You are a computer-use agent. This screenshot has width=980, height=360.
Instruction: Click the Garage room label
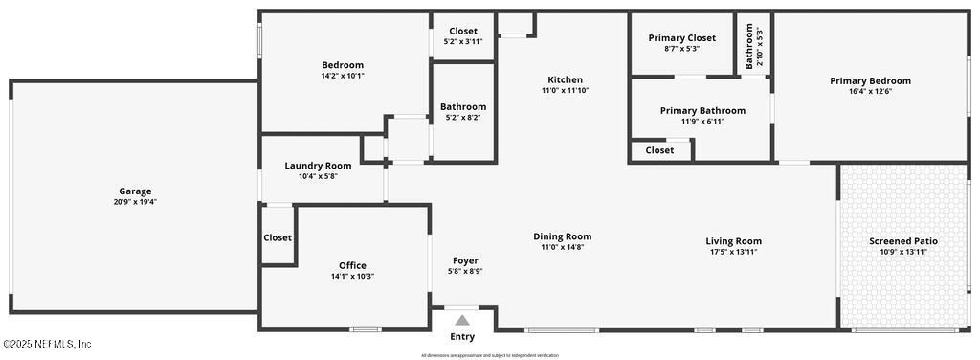135,191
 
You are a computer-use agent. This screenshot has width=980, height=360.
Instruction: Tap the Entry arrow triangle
462,321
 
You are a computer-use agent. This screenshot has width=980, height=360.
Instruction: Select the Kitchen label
565,79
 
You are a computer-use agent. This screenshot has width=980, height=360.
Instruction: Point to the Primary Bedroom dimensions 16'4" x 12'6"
870,92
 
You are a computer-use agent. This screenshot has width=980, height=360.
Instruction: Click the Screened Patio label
903,240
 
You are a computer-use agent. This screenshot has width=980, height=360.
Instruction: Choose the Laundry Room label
318,166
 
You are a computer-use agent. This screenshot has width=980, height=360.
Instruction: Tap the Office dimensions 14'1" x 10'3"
352,277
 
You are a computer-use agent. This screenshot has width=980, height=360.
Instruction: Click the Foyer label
465,260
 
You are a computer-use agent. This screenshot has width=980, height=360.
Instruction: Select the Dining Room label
563,236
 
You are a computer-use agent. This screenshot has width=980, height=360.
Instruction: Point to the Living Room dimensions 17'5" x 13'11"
734,252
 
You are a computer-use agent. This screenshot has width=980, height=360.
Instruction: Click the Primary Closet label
681,38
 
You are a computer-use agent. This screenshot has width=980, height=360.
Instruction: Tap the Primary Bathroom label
702,111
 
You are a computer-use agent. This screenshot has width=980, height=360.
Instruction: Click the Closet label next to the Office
278,237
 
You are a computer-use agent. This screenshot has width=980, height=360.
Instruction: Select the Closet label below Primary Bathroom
659,150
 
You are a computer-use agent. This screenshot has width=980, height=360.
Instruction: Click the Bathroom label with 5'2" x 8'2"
463,107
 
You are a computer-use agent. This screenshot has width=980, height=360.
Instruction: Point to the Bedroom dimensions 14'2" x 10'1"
343,76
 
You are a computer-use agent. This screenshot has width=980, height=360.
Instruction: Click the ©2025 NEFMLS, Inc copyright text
47,344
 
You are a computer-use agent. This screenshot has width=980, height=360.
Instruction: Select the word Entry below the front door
462,337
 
